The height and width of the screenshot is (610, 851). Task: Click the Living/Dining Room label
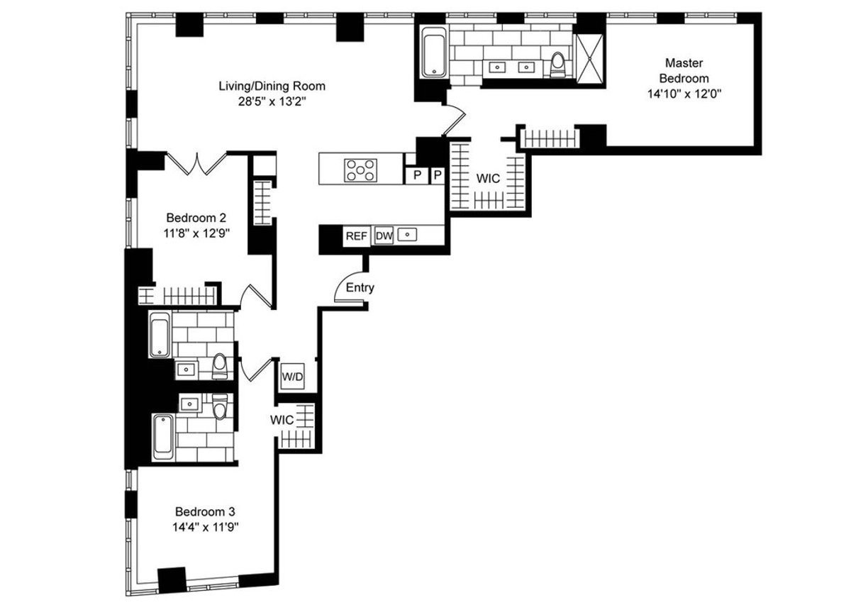272,87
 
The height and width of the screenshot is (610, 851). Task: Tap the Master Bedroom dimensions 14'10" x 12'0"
684,94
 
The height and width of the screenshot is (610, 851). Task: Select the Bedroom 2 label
196,218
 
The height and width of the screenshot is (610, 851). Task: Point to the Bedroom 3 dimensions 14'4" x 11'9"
205,527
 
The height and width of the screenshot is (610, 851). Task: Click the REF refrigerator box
356,236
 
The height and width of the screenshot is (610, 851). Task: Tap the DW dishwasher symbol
384,235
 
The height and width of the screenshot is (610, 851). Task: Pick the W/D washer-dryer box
292,377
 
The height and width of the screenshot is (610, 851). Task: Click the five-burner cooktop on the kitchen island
360,170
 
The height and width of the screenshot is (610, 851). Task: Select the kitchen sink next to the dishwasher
407,235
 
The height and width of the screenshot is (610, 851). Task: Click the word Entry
360,287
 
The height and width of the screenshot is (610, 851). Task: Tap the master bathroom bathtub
433,52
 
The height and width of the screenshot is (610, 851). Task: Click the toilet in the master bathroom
557,65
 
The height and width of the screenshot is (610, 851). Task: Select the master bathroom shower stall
589,59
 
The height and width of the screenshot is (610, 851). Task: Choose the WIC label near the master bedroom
488,178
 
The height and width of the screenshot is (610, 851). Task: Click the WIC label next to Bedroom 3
282,420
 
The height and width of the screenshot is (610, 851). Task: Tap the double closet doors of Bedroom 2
197,163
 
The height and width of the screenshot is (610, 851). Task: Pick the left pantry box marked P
417,175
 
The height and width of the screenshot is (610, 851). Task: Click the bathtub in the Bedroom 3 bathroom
164,437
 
